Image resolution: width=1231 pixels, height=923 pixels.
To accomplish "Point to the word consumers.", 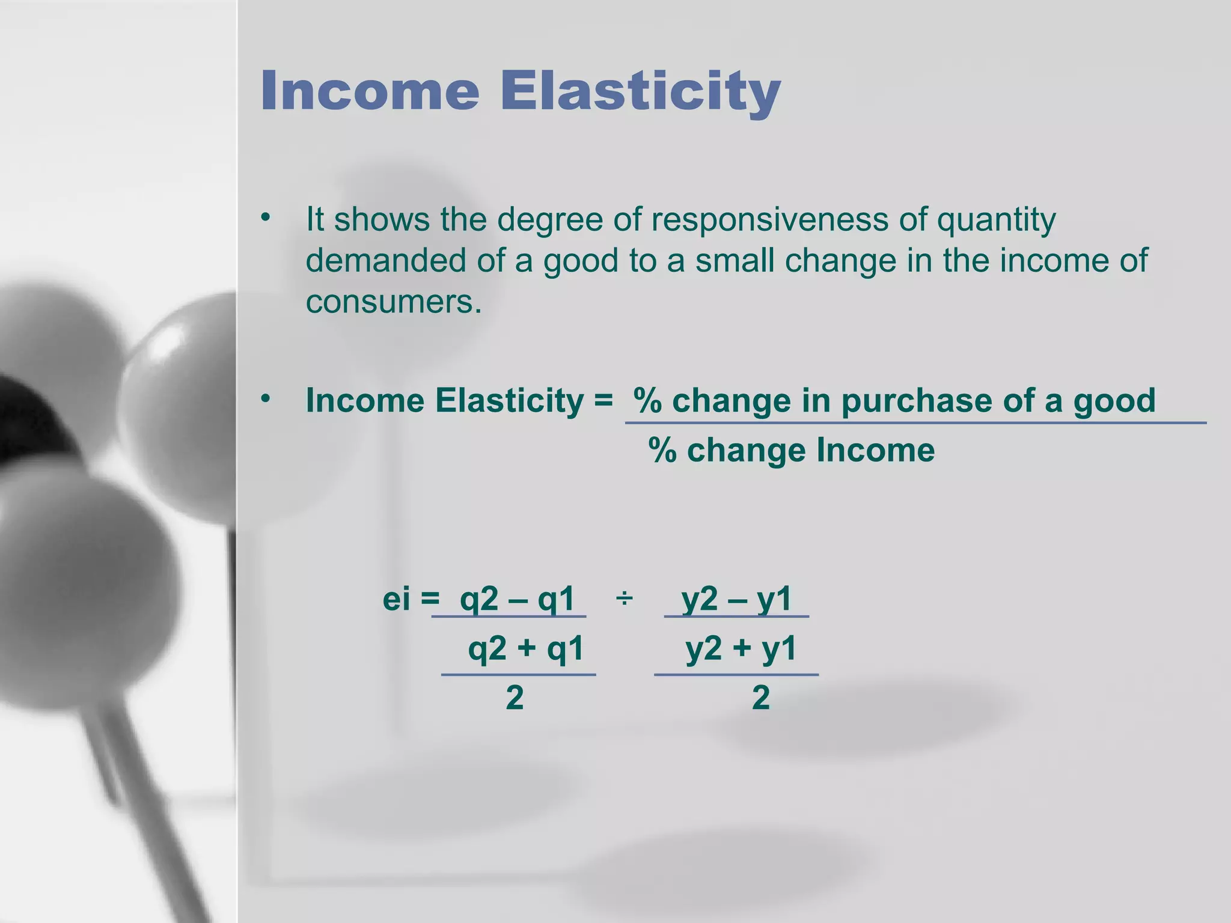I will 393,301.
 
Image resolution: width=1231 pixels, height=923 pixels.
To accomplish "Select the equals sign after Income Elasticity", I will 603,401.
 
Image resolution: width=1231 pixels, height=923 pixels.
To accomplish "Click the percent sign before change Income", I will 662,450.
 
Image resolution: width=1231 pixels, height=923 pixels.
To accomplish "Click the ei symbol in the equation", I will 397,599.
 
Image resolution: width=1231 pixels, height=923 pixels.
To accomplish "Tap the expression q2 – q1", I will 517,599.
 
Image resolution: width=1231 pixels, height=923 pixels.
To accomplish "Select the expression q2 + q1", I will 526,649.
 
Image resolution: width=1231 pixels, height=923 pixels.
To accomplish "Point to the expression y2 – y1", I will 737,599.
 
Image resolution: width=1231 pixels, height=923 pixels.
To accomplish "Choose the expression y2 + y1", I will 741,649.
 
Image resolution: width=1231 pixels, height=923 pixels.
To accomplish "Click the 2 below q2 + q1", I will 515,698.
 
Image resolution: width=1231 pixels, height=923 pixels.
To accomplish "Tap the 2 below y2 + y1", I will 761,698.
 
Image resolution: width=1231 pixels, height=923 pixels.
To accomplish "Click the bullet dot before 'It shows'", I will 266,217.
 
